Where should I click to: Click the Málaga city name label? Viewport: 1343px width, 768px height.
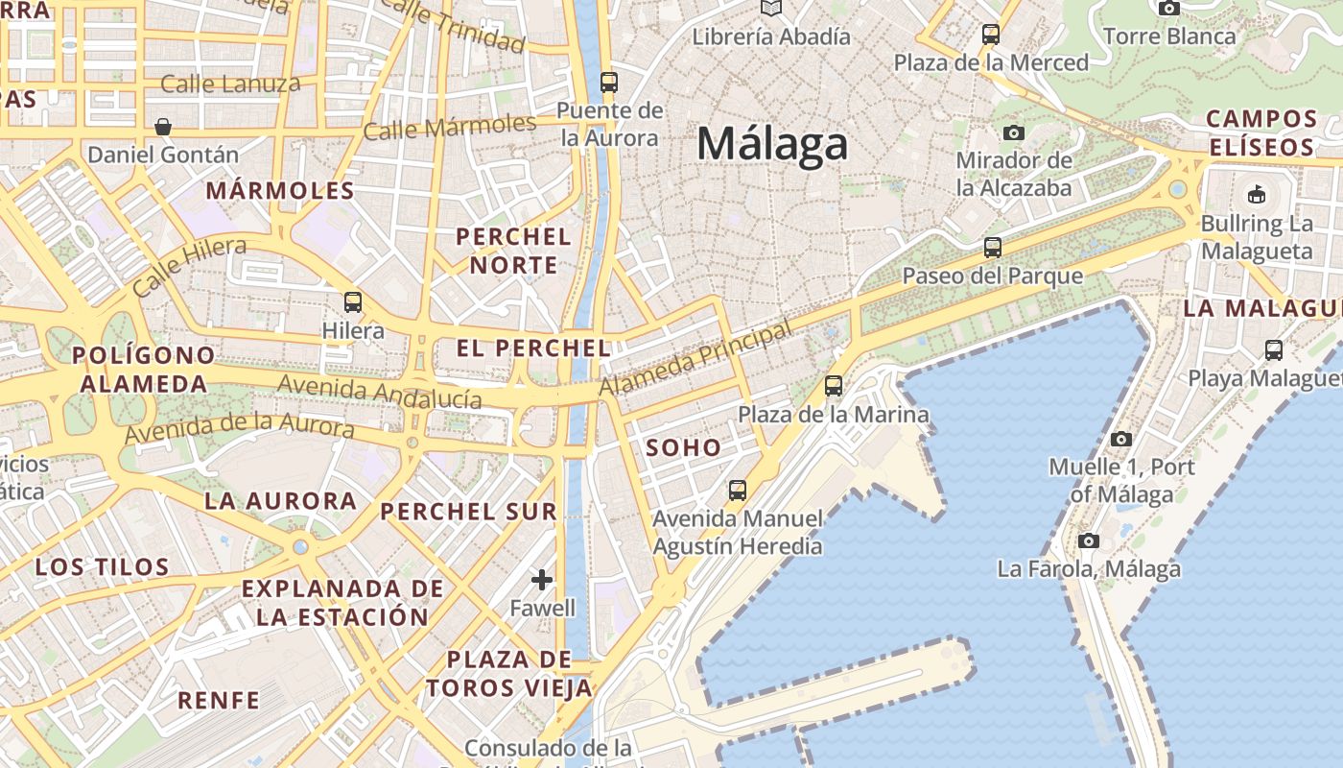[772, 144]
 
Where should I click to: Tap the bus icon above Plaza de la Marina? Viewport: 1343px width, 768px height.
[834, 386]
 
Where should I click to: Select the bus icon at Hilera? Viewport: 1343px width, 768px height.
[353, 302]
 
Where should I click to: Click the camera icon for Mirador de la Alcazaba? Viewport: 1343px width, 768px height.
[1014, 132]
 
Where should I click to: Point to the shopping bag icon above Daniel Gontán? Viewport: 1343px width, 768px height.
[163, 126]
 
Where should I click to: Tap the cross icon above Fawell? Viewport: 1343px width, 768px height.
[542, 580]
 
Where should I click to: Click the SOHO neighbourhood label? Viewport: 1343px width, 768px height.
[683, 447]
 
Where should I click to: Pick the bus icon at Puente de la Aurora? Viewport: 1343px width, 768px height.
[609, 82]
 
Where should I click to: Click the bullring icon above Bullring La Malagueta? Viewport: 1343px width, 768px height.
[1256, 195]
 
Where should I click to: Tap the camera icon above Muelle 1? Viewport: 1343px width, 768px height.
[1120, 439]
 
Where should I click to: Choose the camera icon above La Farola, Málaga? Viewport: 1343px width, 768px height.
[1088, 540]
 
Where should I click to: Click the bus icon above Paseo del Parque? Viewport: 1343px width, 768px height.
[993, 248]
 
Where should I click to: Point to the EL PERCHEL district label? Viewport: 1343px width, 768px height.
[533, 348]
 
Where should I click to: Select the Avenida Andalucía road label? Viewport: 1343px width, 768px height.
[379, 392]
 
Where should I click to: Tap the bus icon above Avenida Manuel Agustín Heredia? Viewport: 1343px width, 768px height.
[737, 491]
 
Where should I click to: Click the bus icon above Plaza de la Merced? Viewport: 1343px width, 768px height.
[991, 36]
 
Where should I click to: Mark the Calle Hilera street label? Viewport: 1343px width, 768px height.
[189, 267]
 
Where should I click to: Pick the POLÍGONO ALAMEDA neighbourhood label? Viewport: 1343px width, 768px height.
[144, 370]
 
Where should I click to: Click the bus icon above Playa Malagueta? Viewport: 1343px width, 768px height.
[1274, 349]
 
